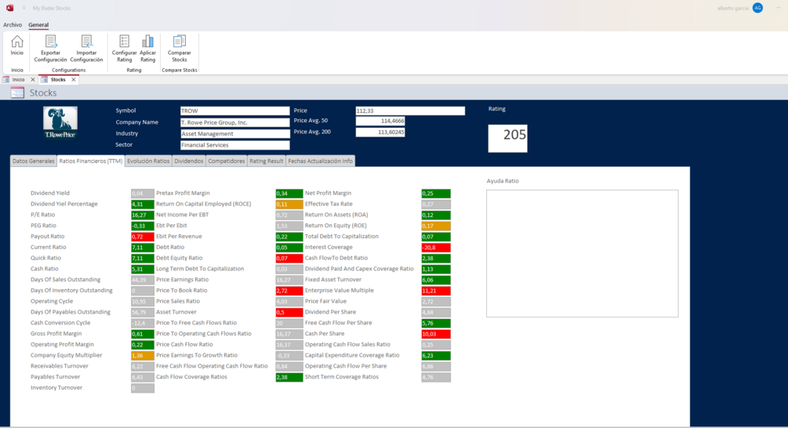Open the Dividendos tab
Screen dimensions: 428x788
tap(188, 161)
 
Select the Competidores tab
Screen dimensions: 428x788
tap(226, 161)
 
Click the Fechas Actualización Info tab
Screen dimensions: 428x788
tap(320, 161)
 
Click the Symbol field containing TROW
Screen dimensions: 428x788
tap(234, 111)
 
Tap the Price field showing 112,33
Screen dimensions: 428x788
tap(410, 111)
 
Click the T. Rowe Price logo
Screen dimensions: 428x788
tap(60, 123)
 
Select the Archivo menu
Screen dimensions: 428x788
tap(13, 25)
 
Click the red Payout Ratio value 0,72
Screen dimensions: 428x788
tap(142, 237)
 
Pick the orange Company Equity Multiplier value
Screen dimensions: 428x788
tap(142, 355)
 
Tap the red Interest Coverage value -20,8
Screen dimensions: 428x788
tap(436, 248)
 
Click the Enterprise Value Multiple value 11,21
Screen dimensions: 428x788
tap(436, 291)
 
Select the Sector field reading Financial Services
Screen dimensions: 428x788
tap(234, 145)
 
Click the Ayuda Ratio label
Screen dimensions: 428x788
tap(503, 181)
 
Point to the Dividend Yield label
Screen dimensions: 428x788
tap(50, 194)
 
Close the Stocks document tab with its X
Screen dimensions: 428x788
tap(74, 80)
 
